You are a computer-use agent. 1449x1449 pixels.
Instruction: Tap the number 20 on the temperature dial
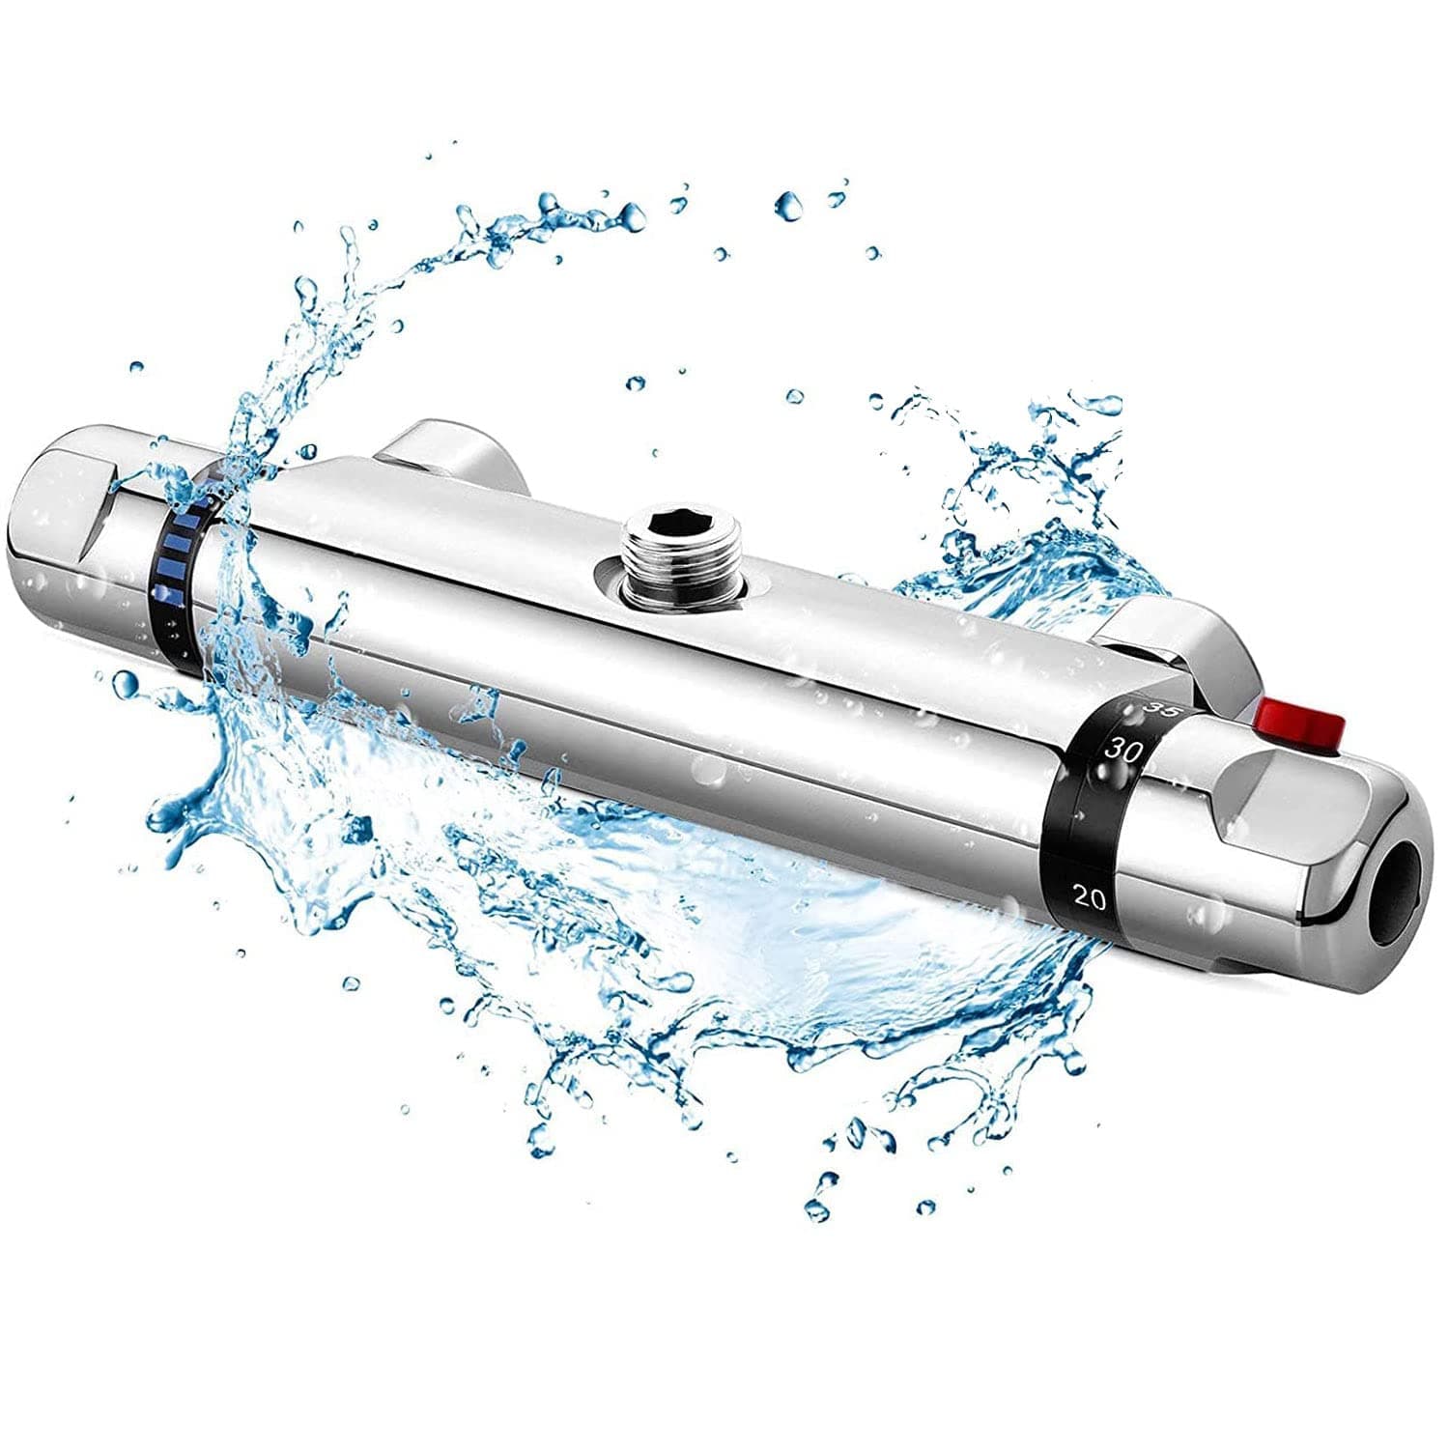click(x=1089, y=897)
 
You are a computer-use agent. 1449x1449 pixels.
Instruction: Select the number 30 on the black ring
click(x=1124, y=749)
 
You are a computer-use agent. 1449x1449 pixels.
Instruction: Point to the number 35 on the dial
click(x=1155, y=708)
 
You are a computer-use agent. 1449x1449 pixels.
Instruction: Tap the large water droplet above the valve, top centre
click(x=789, y=204)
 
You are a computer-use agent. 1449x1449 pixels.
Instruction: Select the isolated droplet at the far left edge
click(x=136, y=367)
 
